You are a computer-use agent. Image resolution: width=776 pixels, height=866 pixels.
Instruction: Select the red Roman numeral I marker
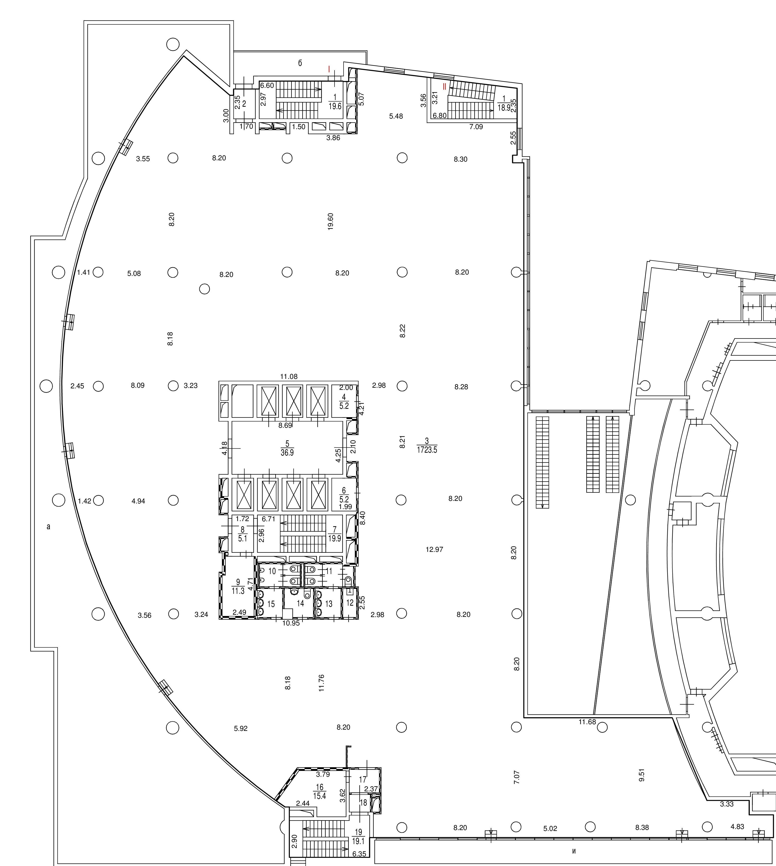coord(329,69)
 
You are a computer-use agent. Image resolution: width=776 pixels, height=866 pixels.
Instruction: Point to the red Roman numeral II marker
coord(444,86)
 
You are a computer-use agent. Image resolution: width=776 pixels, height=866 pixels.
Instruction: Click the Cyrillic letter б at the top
coord(300,63)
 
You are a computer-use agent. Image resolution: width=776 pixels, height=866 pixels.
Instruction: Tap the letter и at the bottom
coord(574,851)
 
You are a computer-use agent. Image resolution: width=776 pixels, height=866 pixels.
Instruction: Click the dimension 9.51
coord(642,775)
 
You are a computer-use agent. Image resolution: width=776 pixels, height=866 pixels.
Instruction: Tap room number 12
coord(350,603)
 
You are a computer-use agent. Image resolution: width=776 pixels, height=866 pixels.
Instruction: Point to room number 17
coord(363,779)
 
